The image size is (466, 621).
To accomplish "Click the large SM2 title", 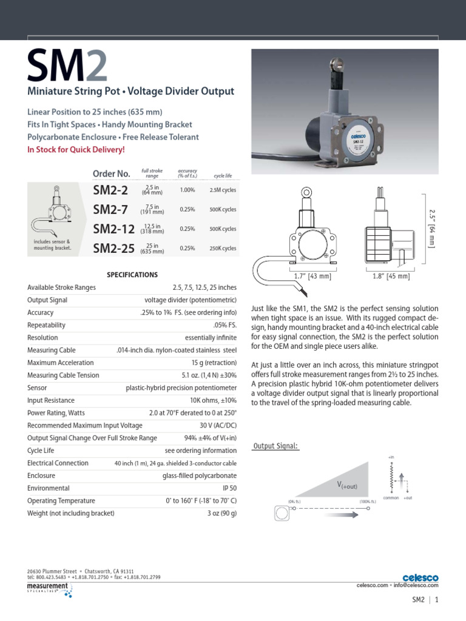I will pyautogui.click(x=67, y=66).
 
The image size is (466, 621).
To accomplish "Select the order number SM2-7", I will pyautogui.click(x=110, y=209).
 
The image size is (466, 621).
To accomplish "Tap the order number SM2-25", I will pyautogui.click(x=113, y=248).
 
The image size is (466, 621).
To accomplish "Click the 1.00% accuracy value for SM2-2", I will pyautogui.click(x=187, y=190).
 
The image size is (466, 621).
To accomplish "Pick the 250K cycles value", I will pyautogui.click(x=223, y=248).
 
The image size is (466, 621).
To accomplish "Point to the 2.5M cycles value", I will pyautogui.click(x=223, y=190).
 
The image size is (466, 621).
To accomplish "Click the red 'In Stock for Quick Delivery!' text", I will pyautogui.click(x=76, y=149).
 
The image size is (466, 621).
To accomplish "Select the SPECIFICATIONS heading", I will pyautogui.click(x=132, y=275).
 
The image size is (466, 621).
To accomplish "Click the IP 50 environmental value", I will pyautogui.click(x=229, y=488).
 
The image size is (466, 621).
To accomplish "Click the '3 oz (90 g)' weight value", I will pyautogui.click(x=221, y=513).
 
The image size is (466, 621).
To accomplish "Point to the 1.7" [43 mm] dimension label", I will pyautogui.click(x=311, y=277).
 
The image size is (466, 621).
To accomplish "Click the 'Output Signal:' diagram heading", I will pyautogui.click(x=275, y=446).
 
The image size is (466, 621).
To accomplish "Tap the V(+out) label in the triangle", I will pyautogui.click(x=348, y=485).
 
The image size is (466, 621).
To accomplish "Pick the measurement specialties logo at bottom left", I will pyautogui.click(x=49, y=589).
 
